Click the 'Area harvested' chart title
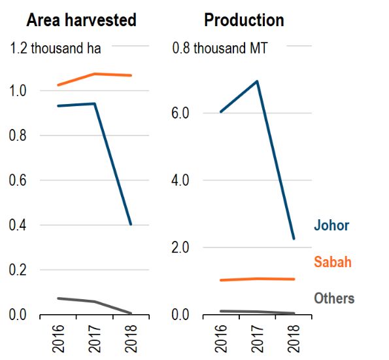tap(81, 20)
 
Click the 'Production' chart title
tap(244, 20)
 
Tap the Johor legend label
tap(331, 225)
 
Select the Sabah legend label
tap(333, 262)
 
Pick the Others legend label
tap(334, 298)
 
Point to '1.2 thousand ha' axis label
tap(56, 48)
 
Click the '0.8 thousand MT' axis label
tap(220, 48)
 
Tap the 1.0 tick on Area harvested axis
tap(18, 91)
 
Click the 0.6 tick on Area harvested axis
tap(18, 180)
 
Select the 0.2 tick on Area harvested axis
tap(18, 270)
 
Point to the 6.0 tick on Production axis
tap(180, 113)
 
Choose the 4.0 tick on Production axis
tap(180, 180)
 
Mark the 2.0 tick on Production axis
tap(180, 247)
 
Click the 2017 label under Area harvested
tap(95, 339)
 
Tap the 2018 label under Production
tap(294, 339)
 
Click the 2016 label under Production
tap(221, 339)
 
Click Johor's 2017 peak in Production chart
tap(258, 81)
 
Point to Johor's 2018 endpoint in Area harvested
tap(131, 224)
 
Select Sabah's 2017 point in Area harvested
tap(95, 74)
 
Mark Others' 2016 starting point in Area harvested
tap(58, 298)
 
